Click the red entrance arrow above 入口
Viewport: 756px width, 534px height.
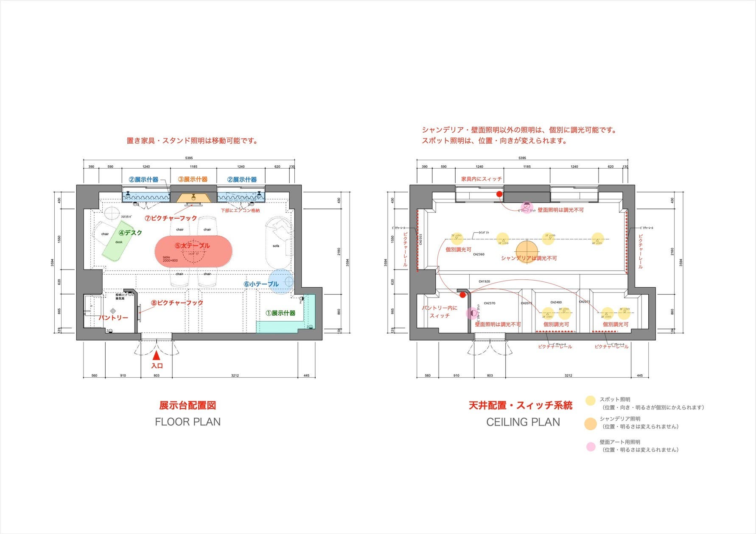tap(157, 355)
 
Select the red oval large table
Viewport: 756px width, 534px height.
tap(193, 252)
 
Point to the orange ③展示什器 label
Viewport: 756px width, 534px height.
tap(193, 179)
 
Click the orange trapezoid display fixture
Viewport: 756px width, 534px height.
tap(193, 198)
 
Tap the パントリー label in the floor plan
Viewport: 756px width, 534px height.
tap(113, 317)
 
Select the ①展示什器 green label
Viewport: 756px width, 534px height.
tap(280, 313)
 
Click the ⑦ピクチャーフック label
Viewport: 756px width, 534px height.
tap(171, 218)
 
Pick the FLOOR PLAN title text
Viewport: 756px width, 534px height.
tap(188, 422)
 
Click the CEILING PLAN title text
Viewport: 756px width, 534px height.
tap(523, 422)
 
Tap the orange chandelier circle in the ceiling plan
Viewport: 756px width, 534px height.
tap(526, 251)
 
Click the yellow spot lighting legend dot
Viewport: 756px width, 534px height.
tap(590, 401)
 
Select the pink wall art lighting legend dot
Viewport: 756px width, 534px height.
tap(591, 447)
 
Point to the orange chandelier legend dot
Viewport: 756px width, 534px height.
tap(590, 424)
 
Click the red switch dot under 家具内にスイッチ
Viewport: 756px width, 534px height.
tap(499, 194)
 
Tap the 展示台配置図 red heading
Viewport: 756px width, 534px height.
tap(188, 405)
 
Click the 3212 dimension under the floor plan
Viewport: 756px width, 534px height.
tap(235, 375)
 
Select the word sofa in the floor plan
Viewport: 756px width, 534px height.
tap(276, 246)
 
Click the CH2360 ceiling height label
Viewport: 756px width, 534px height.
tap(479, 254)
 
